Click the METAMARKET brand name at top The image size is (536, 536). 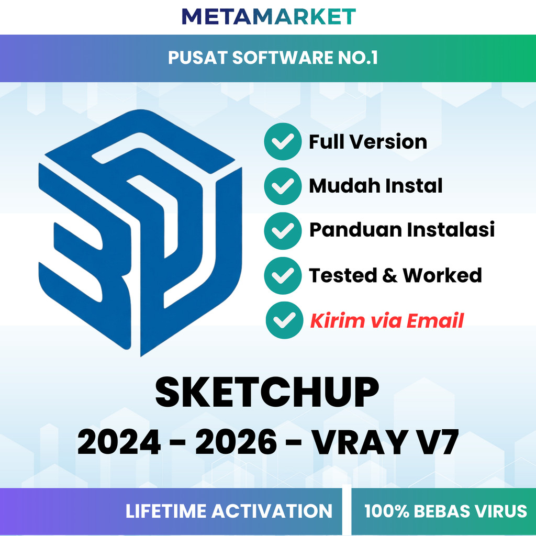[268, 16]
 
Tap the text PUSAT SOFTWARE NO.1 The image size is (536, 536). [272, 58]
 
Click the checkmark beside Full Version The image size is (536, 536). [283, 141]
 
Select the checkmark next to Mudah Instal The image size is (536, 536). [283, 186]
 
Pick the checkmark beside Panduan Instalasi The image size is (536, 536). [283, 230]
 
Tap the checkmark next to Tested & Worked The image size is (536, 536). [283, 275]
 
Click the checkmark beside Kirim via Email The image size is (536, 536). [284, 320]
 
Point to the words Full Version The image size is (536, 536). [367, 142]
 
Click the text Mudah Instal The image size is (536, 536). [375, 186]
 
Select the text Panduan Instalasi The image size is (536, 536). [401, 230]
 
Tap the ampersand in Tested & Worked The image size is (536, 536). [390, 275]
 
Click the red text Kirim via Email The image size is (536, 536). [386, 321]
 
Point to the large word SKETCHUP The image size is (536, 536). [267, 393]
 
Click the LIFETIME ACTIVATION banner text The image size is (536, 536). [229, 511]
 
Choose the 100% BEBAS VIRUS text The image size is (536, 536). [445, 511]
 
